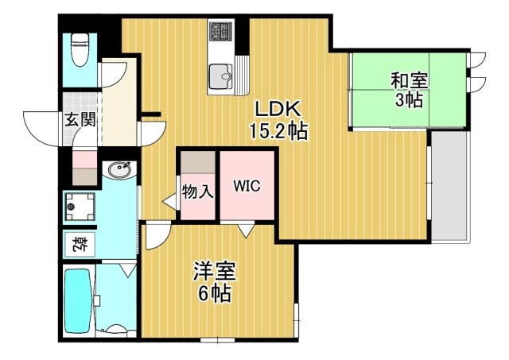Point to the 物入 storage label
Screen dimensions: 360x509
(197, 192)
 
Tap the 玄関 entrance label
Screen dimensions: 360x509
(80, 121)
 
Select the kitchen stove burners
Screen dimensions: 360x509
(219, 33)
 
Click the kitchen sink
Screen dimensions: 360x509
(220, 77)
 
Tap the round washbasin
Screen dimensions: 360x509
(122, 169)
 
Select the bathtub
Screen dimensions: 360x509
(78, 303)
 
